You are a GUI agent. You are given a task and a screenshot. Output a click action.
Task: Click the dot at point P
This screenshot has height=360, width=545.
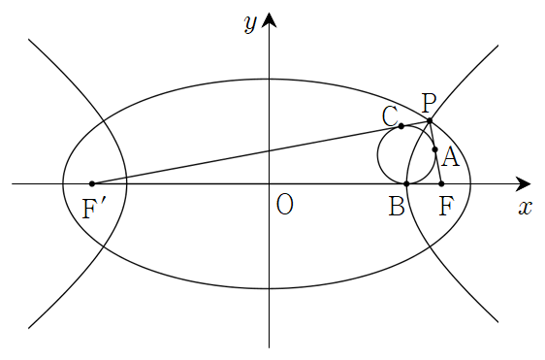430,121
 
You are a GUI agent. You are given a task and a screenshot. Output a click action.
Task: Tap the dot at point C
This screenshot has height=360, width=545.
401,126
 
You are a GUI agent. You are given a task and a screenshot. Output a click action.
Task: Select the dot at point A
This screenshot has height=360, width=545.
434,149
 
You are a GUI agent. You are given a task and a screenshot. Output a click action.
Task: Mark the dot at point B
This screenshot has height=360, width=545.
406,183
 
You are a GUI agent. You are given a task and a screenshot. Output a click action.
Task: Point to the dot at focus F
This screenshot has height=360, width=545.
441,183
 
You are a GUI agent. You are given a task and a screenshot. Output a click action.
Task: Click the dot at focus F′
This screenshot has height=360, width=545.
92,183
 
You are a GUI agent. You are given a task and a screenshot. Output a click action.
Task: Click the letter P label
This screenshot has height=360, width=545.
429,103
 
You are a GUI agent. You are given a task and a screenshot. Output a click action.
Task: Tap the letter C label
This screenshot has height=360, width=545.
390,116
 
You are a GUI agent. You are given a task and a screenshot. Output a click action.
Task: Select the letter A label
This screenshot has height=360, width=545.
451,157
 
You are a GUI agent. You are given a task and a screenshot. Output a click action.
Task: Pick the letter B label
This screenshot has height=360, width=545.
397,207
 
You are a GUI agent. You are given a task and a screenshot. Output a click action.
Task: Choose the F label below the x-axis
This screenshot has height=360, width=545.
446,207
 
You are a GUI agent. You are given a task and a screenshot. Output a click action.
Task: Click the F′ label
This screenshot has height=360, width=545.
92,209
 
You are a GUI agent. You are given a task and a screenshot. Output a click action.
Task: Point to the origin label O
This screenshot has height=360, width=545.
285,205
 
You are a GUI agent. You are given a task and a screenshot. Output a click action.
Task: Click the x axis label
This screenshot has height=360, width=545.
526,209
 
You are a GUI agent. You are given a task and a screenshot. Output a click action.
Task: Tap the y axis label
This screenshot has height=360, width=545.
250,24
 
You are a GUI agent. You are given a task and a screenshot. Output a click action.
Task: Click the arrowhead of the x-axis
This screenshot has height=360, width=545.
523,183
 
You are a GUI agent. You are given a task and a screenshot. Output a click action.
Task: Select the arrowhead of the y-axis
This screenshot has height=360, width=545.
269,19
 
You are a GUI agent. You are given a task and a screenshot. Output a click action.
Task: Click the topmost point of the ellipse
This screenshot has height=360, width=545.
269,80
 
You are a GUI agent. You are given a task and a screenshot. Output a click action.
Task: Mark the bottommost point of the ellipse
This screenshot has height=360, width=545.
269,288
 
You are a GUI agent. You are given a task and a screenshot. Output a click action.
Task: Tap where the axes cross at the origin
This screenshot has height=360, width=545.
269,183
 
